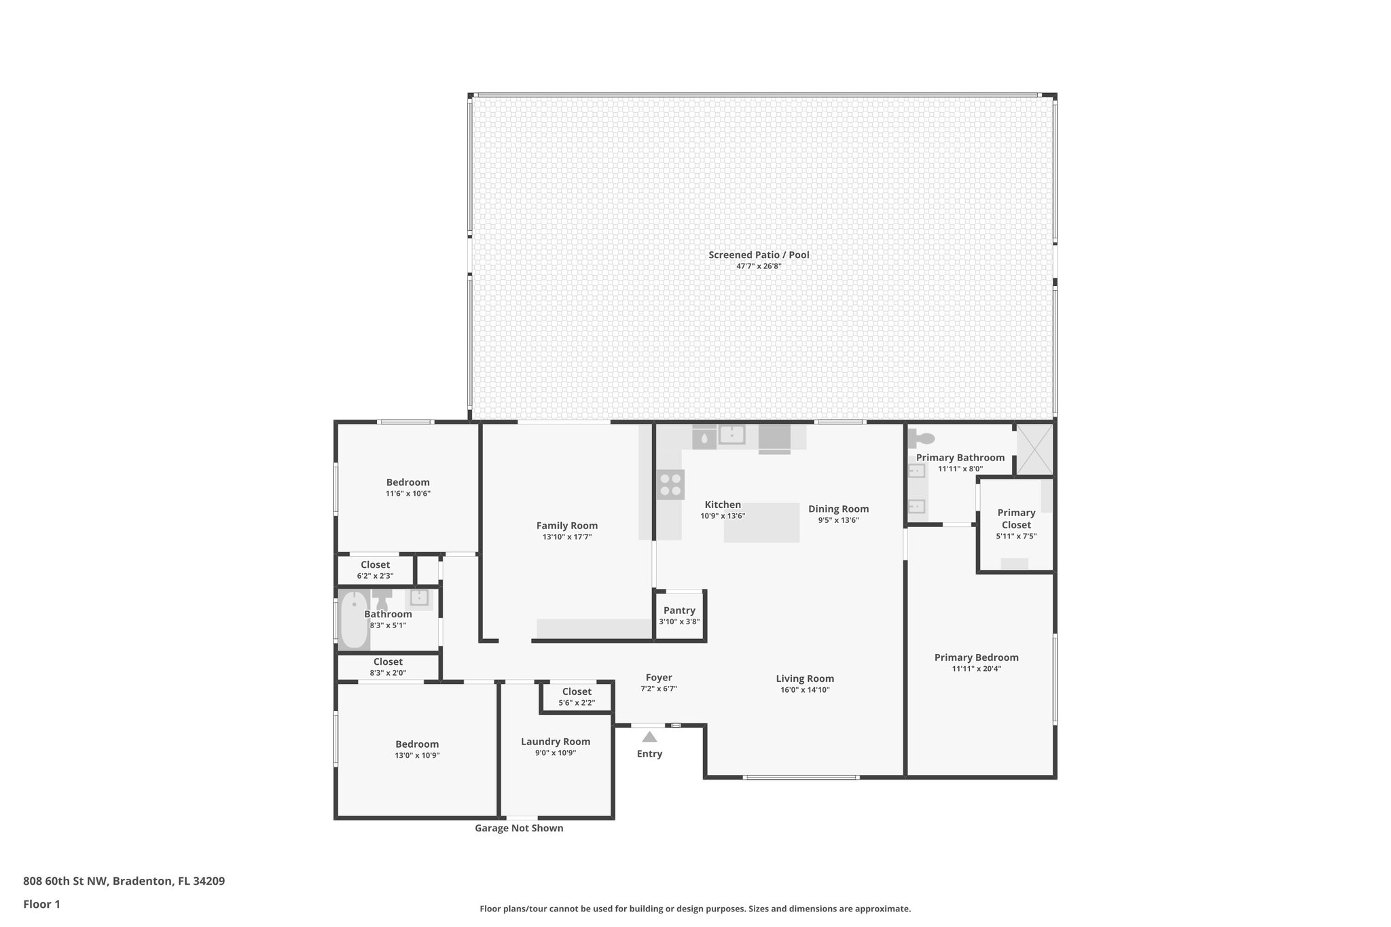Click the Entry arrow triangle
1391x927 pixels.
coord(649,737)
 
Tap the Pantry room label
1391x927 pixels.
coord(679,611)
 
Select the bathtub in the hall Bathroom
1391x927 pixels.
coord(353,620)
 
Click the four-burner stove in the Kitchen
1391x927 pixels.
coord(670,484)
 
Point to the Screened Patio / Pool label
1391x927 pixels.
coord(759,255)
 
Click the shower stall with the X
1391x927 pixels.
coord(1034,450)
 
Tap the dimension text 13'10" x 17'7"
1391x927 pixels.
coord(567,537)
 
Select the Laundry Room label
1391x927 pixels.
coord(556,742)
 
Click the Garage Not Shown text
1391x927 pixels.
coord(519,829)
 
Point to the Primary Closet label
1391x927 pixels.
coord(1016,519)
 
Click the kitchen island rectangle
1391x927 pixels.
coord(761,523)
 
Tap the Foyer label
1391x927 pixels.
coord(659,678)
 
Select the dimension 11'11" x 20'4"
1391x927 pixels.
coord(976,669)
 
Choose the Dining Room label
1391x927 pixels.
coord(838,509)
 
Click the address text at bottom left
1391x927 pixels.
coord(124,881)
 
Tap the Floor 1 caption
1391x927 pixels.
coord(41,905)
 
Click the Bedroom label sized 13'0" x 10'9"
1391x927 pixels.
coord(417,744)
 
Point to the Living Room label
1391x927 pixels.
coord(805,678)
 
